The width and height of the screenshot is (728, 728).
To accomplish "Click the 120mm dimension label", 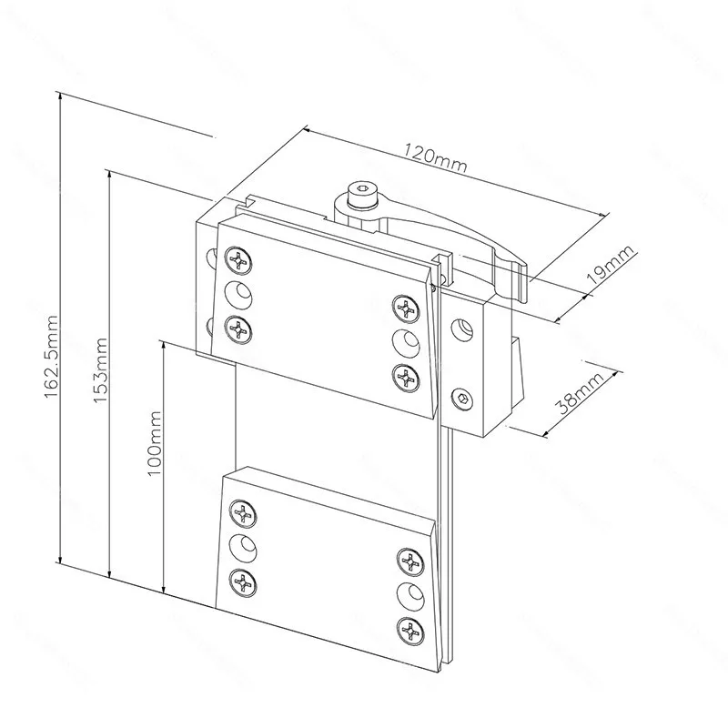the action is tap(434, 157).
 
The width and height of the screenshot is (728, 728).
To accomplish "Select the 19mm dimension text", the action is tap(611, 264).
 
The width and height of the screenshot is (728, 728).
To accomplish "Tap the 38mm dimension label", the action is tap(581, 392).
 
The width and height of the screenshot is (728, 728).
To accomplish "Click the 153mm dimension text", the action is tap(100, 370).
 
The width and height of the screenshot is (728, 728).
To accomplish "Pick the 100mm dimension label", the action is tap(154, 443).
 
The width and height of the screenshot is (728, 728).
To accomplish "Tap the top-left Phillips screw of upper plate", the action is tap(238, 260).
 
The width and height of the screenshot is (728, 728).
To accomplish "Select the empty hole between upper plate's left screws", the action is tap(238, 295).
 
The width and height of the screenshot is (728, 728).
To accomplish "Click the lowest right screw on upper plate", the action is tap(406, 378).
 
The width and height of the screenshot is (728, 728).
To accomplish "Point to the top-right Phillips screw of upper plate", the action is tap(406, 308).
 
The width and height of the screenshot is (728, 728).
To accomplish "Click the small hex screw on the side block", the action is tap(464, 399).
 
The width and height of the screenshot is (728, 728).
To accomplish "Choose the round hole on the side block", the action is tap(463, 329).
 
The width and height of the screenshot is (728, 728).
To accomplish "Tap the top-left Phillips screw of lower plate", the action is tap(243, 513).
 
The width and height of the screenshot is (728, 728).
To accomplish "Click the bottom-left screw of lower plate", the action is tap(243, 582).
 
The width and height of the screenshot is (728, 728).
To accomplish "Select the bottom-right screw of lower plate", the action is tap(411, 631).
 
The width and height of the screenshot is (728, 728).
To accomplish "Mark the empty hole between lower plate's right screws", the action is tap(411, 596).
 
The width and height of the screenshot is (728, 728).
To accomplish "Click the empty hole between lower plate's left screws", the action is tap(243, 548).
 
